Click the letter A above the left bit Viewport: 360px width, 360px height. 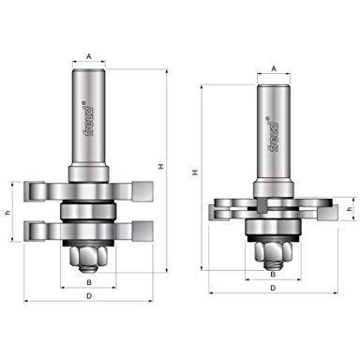click(x=89, y=56)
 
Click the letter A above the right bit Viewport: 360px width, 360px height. click(x=274, y=68)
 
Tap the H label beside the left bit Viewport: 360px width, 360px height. click(x=161, y=167)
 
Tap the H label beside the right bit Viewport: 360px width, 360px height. click(x=195, y=172)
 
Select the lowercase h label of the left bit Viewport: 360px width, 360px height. click(x=8, y=213)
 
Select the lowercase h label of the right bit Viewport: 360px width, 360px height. click(x=350, y=209)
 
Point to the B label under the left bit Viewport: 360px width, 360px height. click(x=89, y=282)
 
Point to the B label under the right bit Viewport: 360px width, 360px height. click(x=273, y=275)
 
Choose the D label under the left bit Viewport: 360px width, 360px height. click(x=89, y=296)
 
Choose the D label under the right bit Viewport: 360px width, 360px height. click(x=273, y=288)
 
